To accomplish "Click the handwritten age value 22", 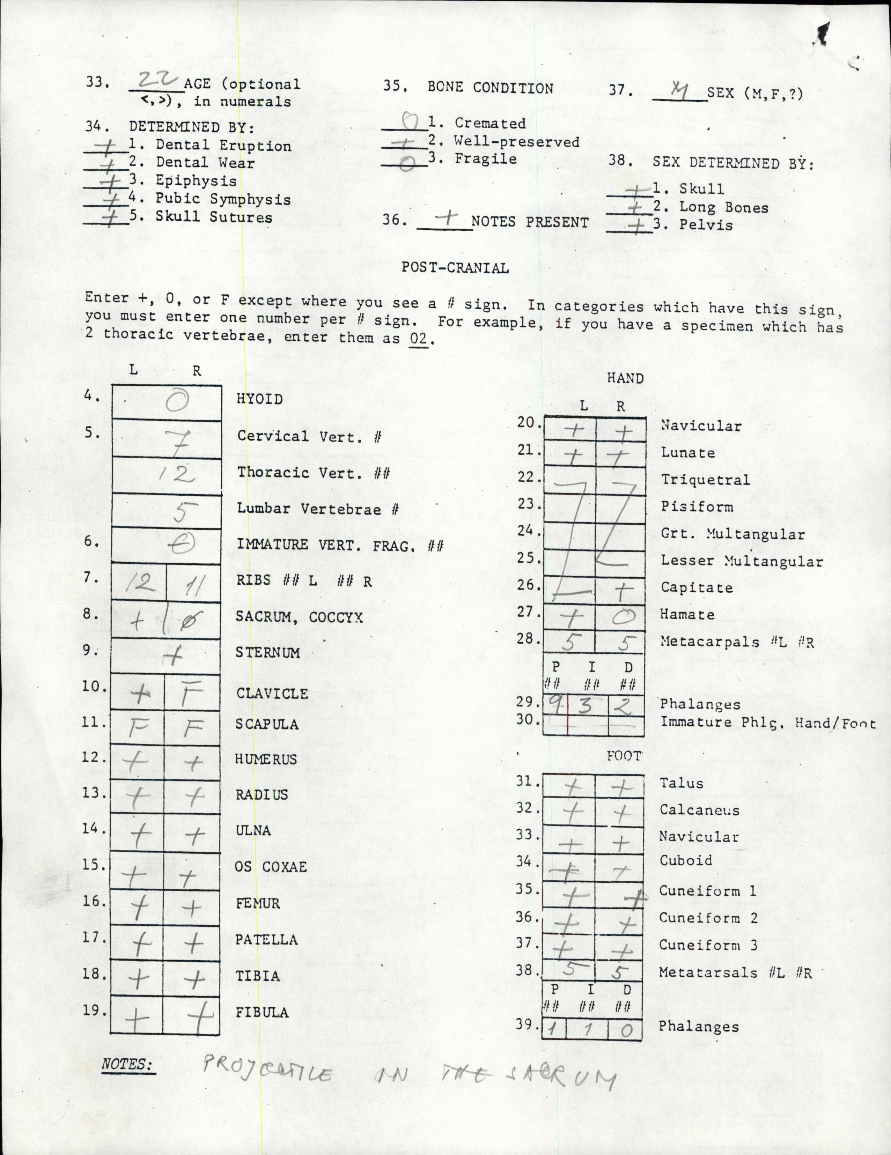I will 156,80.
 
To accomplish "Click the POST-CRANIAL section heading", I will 455,268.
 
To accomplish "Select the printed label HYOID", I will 259,399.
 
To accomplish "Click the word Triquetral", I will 705,480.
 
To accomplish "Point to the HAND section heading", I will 625,379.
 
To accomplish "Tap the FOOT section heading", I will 624,756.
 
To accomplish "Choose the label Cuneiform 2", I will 708,918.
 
